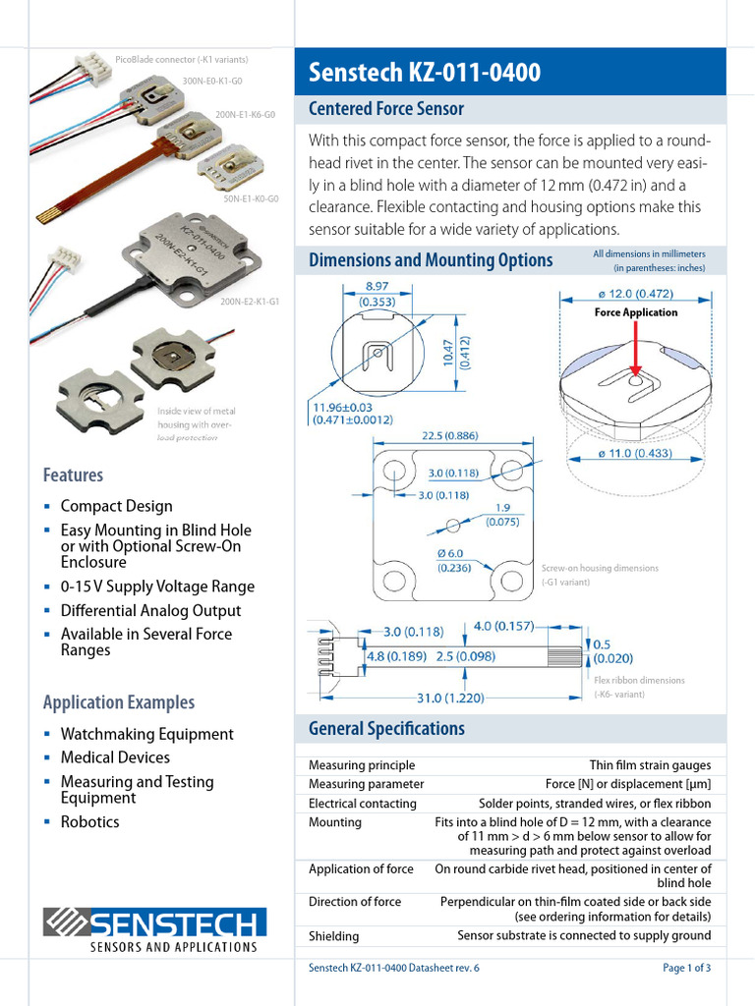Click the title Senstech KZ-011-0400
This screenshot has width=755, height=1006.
click(x=424, y=73)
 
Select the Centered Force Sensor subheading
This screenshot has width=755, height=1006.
click(x=385, y=109)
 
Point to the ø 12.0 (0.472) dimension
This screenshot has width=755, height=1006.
click(x=635, y=293)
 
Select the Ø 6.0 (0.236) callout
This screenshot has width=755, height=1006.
click(x=453, y=560)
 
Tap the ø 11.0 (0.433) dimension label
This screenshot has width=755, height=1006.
click(x=636, y=454)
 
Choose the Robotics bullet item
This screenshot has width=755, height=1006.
click(x=89, y=822)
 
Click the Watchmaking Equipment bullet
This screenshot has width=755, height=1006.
click(x=146, y=734)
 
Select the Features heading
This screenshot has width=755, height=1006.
click(x=73, y=475)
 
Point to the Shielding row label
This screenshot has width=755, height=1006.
click(x=333, y=936)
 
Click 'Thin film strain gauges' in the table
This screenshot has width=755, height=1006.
click(x=650, y=765)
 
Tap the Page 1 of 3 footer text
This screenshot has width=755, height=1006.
click(x=686, y=969)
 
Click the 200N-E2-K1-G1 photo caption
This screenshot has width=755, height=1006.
click(x=250, y=302)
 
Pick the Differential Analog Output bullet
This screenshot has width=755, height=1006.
click(x=150, y=610)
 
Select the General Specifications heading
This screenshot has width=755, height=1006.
click(x=386, y=729)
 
